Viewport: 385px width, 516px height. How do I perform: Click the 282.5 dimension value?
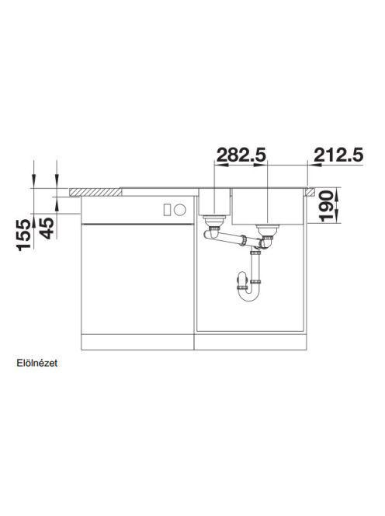click(241, 155)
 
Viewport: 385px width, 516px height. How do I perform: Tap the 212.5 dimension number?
click(338, 155)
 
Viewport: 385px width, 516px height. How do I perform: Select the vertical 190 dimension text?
click(327, 206)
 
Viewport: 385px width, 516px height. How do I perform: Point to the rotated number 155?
click(25, 235)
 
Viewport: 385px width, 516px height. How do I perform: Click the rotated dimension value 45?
click(47, 228)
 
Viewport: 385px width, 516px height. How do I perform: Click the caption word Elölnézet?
click(37, 363)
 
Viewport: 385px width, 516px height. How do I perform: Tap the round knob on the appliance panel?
click(180, 210)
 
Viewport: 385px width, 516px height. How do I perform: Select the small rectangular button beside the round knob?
click(167, 210)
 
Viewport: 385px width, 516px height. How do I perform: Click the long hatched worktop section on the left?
click(95, 192)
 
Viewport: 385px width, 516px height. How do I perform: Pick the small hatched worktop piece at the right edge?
click(310, 192)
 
